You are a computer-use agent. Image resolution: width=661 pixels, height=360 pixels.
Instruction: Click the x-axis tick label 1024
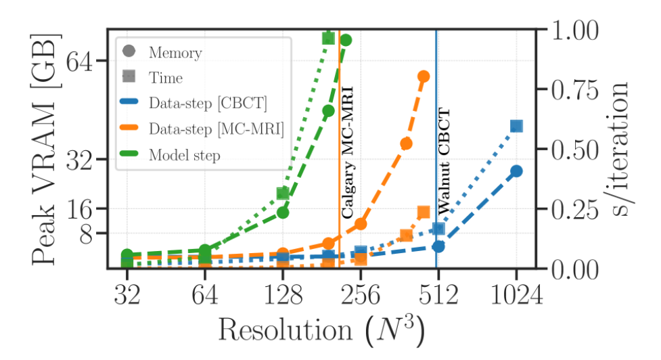tap(516, 297)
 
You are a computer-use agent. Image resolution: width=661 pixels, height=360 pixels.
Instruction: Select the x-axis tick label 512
tap(438, 297)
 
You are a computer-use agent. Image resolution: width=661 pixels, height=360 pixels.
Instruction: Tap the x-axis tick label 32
tap(127, 297)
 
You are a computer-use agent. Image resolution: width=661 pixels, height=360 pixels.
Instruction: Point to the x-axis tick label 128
tap(283, 297)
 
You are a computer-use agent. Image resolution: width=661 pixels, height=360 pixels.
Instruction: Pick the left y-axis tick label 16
tap(83, 208)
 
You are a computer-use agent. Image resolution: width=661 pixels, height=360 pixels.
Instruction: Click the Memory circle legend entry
tap(175, 52)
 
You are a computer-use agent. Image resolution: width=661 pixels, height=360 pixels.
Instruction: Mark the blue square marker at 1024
tap(516, 127)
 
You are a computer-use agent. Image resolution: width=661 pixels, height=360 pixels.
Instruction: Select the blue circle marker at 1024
tap(516, 171)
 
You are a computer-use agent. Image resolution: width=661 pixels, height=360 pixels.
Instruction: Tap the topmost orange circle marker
tap(424, 76)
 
